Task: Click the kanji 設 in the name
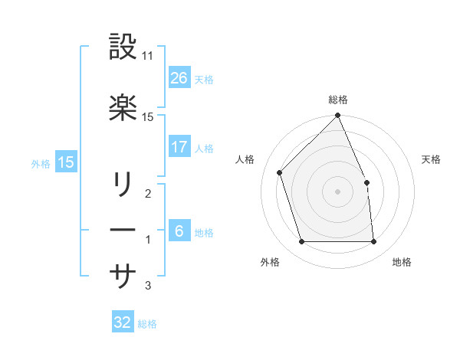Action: click(x=123, y=47)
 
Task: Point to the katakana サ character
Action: click(x=123, y=276)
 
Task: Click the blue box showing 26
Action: click(x=179, y=77)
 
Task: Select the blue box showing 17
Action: click(x=179, y=147)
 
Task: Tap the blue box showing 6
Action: click(x=179, y=231)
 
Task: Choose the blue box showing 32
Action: click(x=123, y=322)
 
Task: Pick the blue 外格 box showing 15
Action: click(x=65, y=162)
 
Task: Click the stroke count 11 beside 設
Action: click(x=148, y=56)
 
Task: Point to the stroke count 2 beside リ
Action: click(x=147, y=195)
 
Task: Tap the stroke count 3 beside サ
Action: click(x=147, y=286)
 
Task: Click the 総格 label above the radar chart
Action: click(x=338, y=100)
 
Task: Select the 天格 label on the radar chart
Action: click(x=432, y=159)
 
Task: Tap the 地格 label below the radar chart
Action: click(x=402, y=262)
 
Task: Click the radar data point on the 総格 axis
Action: click(x=338, y=116)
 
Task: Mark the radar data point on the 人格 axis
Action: click(x=280, y=172)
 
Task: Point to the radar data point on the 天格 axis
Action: click(x=366, y=182)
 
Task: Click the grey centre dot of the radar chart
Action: click(x=338, y=191)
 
